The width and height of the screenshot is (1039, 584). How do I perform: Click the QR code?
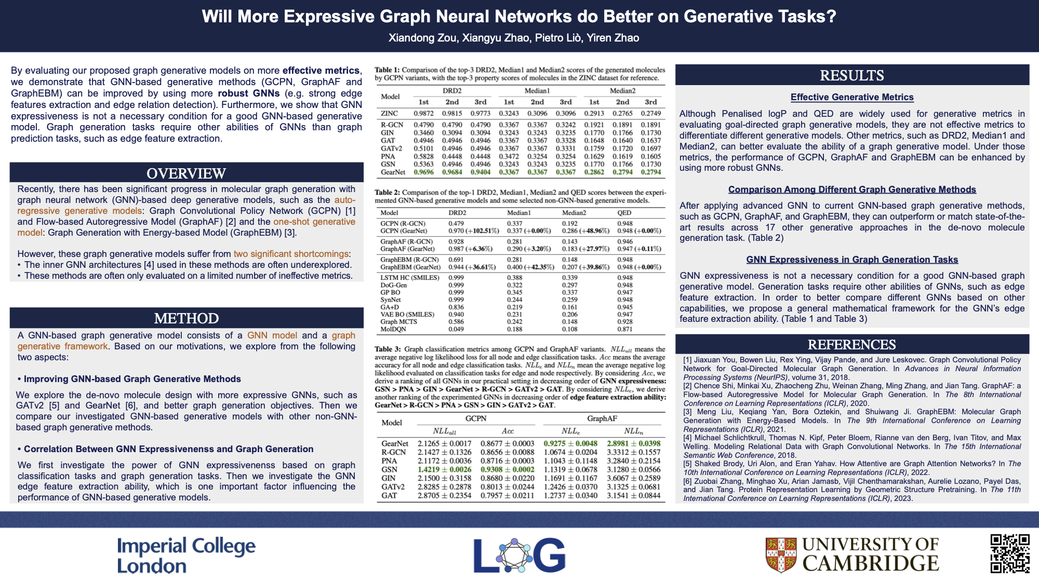[1010, 553]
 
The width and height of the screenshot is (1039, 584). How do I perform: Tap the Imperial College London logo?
[186, 555]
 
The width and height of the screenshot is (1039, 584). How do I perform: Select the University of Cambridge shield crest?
[781, 554]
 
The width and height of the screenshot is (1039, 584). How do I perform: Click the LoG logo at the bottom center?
[519, 555]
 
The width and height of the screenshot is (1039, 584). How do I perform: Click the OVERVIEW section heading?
[186, 173]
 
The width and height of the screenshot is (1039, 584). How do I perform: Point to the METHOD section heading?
[186, 318]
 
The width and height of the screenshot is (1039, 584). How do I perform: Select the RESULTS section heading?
[851, 76]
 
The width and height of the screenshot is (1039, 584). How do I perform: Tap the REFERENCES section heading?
[851, 345]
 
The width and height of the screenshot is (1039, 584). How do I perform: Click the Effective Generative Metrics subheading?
[851, 97]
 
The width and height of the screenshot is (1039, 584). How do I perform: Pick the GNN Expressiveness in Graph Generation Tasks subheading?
[851, 260]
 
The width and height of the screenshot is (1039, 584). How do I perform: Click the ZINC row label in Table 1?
[389, 114]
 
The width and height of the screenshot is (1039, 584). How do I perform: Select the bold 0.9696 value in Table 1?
[423, 172]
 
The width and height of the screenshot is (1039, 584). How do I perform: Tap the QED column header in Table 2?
[624, 213]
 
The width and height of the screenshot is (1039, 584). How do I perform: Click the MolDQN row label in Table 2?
[393, 329]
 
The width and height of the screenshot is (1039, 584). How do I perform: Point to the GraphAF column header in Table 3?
[602, 418]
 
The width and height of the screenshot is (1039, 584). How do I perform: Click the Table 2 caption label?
[387, 193]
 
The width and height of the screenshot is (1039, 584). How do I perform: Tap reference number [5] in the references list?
[688, 464]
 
